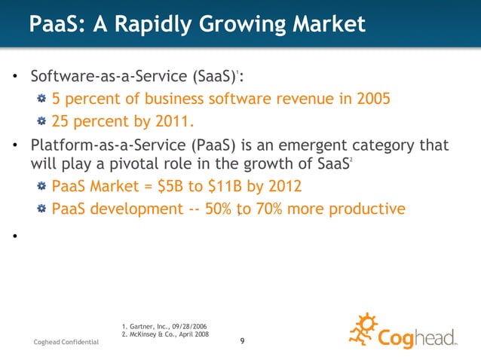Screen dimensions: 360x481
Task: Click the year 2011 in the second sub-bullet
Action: [158, 121]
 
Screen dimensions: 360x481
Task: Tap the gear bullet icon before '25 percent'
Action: [43, 121]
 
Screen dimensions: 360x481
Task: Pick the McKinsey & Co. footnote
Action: [165, 334]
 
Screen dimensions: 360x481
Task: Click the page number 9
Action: [241, 343]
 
